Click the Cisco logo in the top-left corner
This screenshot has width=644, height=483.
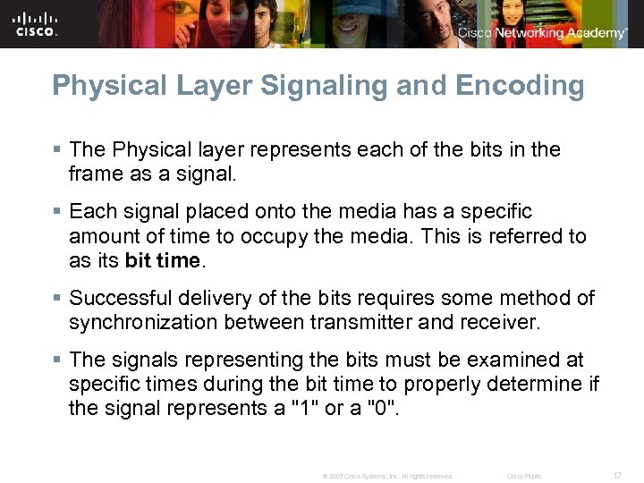coord(36,23)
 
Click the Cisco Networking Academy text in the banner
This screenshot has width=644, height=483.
coord(542,33)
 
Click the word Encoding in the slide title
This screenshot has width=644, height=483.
coord(520,86)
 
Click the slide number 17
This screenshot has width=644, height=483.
coord(617,476)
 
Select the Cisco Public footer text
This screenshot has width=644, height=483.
coord(524,476)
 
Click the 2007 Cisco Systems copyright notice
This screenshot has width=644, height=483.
coord(387,476)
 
